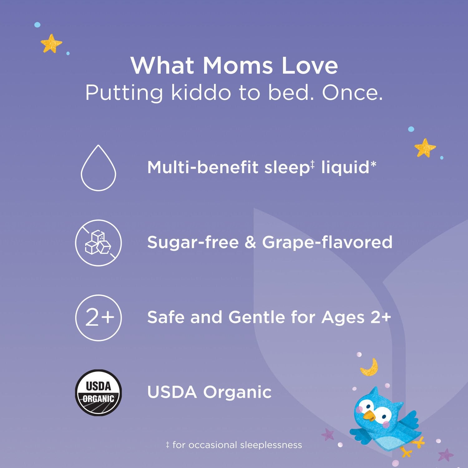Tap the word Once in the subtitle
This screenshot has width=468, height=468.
pos(352,93)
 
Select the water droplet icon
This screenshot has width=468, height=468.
pos(99,168)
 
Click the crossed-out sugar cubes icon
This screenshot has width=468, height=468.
pos(98,243)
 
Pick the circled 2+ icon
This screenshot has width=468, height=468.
pos(99,318)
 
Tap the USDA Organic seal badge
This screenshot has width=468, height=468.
pos(99,392)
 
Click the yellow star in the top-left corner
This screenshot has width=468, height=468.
pos(51,43)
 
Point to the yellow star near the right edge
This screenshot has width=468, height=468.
pos(425,148)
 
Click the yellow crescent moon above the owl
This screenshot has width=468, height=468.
pos(370,367)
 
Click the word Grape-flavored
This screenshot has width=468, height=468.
pos(327,242)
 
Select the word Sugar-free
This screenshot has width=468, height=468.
pos(193,242)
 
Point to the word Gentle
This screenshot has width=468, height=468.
pos(256,317)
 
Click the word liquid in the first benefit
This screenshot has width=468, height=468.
pos(345,168)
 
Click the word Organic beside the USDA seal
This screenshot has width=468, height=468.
pos(237,392)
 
